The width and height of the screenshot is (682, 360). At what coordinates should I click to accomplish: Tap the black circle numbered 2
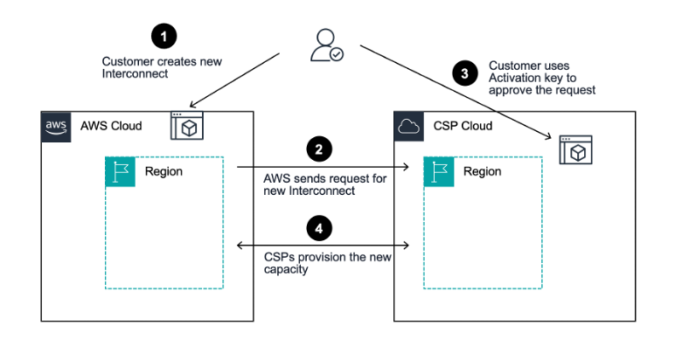tap(320, 149)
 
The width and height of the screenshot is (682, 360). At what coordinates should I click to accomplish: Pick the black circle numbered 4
tap(320, 229)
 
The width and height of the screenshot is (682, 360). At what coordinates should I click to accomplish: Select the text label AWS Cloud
tap(110, 126)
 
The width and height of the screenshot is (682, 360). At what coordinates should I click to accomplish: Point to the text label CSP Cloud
tap(463, 126)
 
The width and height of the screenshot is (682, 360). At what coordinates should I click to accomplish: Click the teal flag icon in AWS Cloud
tap(121, 171)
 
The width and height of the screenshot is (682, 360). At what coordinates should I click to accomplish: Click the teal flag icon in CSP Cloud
tap(439, 171)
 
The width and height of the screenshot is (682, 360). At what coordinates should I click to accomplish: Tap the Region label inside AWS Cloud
tap(164, 171)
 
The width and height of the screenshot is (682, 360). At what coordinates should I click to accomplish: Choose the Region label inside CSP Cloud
tap(482, 171)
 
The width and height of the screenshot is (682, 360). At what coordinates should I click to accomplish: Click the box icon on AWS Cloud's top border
tap(186, 126)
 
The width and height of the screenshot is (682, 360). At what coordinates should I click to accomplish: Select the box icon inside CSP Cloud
tap(575, 150)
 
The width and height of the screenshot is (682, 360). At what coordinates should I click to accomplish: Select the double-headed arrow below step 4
tap(324, 247)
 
